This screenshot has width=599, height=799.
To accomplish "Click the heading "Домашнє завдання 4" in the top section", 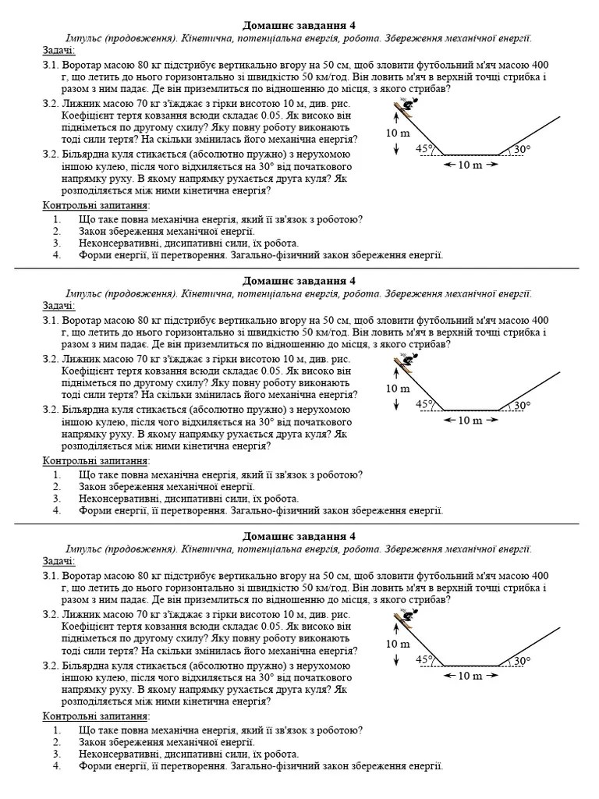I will pyautogui.click(x=299, y=26).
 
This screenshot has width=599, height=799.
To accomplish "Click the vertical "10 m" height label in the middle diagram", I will pyautogui.click(x=398, y=389).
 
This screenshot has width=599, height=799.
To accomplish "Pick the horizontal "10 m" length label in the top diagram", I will pyautogui.click(x=470, y=165).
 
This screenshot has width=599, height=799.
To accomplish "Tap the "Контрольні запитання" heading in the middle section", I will pyautogui.click(x=96, y=460).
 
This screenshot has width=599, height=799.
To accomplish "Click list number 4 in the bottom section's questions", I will pyautogui.click(x=57, y=766).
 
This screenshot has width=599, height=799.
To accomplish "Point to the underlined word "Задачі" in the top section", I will pyautogui.click(x=59, y=51).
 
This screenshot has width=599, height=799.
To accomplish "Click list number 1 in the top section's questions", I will pyautogui.click(x=57, y=219).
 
